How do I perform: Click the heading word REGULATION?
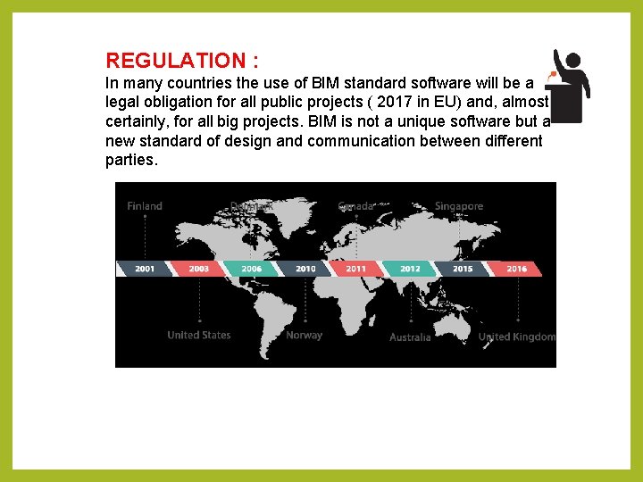click(177, 61)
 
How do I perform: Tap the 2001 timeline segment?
click(145, 268)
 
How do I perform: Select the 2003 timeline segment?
click(198, 268)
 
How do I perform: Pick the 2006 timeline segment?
click(251, 268)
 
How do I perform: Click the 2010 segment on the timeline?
click(305, 268)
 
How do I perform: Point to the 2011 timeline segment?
click(356, 268)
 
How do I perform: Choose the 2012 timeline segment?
click(410, 268)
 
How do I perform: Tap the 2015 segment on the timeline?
click(463, 268)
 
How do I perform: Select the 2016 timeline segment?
click(516, 268)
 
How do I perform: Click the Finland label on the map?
click(145, 206)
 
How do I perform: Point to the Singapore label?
click(459, 206)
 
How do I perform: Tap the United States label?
click(198, 336)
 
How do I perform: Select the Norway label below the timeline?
click(304, 336)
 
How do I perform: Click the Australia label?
click(410, 337)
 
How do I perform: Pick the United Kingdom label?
click(517, 337)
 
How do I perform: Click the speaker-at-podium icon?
click(569, 86)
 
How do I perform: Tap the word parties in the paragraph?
click(130, 162)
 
